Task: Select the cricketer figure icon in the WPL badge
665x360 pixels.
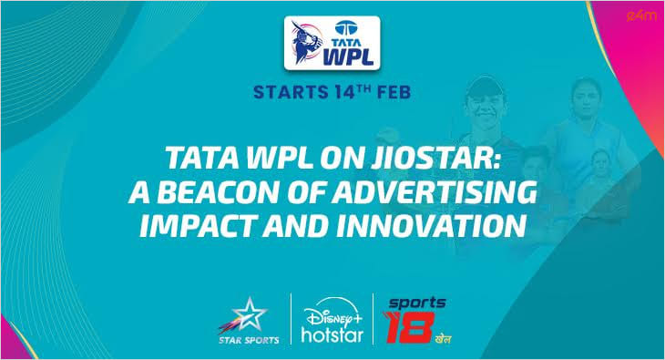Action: pyautogui.click(x=306, y=43)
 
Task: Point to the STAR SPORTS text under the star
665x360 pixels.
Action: pyautogui.click(x=243, y=343)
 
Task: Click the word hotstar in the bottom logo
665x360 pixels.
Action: pyautogui.click(x=331, y=336)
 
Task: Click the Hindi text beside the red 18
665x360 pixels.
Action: pyautogui.click(x=442, y=338)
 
